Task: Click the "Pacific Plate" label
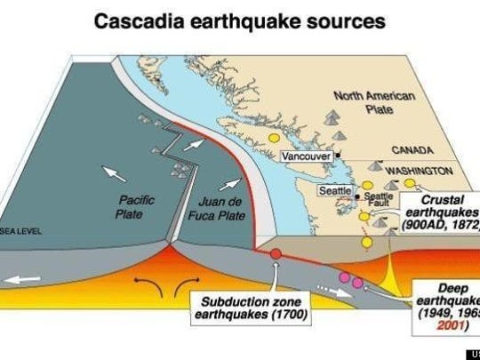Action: pyautogui.click(x=137, y=206)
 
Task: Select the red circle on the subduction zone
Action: pyautogui.click(x=276, y=255)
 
